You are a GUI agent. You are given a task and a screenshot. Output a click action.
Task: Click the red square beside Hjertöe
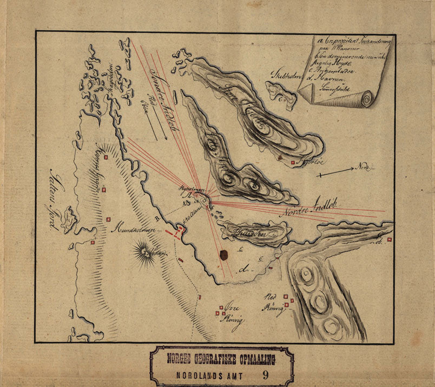click(x=293, y=162)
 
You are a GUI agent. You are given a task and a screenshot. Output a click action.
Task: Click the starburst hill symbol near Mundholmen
click(x=145, y=252)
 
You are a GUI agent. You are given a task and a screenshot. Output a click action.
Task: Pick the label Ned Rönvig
click(x=274, y=302)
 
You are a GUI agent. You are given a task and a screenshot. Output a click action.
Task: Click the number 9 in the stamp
click(x=265, y=373)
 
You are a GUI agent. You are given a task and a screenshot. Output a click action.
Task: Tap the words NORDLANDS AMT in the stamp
click(x=210, y=373)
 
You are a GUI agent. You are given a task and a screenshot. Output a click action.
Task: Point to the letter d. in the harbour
click(x=246, y=268)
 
